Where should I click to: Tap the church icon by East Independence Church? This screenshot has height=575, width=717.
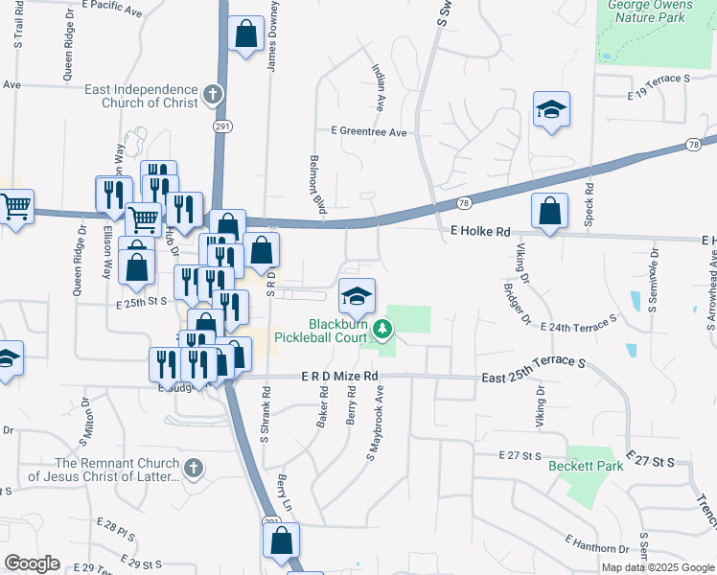pos(212,96)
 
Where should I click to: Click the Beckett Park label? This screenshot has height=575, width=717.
pos(586,467)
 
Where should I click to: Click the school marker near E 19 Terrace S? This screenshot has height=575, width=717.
pos(551,110)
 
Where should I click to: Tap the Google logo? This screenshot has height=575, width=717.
pos(32,563)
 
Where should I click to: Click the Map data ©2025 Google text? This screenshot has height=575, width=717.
pos(658,567)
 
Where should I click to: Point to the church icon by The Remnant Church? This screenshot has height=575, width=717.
pos(193,468)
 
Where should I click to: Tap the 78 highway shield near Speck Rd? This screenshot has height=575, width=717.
pos(692,144)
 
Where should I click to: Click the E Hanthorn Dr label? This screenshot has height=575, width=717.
pos(595,544)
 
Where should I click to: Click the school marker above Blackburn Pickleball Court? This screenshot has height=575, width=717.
pos(357,295)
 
